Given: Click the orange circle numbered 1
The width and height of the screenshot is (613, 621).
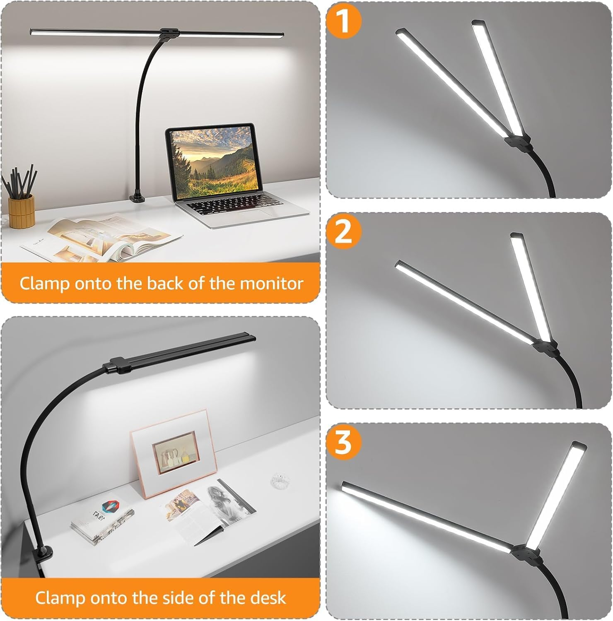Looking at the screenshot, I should pos(344,22).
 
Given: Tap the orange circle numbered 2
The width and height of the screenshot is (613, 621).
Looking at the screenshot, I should pos(344,232).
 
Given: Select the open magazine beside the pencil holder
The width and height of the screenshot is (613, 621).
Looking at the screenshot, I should pos(101,239).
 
